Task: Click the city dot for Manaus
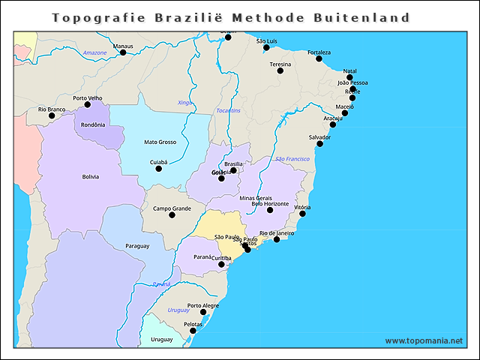click(x=123, y=52)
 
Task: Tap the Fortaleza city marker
click(x=319, y=58)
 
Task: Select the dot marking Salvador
click(x=319, y=143)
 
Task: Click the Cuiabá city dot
click(x=158, y=168)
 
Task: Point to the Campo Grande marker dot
click(x=172, y=215)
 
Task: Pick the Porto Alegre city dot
click(x=203, y=312)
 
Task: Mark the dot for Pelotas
click(x=193, y=331)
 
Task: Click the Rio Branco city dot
click(x=52, y=115)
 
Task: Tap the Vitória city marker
click(x=302, y=214)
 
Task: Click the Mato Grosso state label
click(x=160, y=142)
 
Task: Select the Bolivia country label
click(x=91, y=177)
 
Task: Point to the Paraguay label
click(x=137, y=246)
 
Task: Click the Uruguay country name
click(x=161, y=340)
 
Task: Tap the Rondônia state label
click(x=93, y=124)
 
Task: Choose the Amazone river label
click(x=94, y=52)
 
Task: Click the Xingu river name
click(x=184, y=102)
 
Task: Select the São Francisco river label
click(x=292, y=159)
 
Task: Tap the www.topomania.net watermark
click(x=424, y=340)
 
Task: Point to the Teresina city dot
click(x=280, y=70)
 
